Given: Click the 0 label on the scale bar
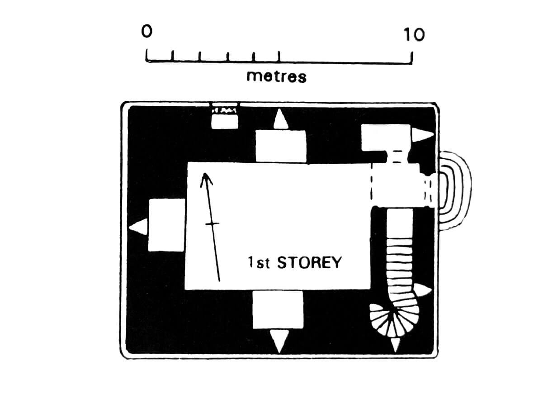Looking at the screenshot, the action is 147,32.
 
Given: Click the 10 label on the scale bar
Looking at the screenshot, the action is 414,34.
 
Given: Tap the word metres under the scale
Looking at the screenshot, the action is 276,76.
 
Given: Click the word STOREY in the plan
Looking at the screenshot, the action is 309,263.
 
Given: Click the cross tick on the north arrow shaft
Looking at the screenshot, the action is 212,223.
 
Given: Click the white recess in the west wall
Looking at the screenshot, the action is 167,225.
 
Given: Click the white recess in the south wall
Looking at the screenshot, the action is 278,309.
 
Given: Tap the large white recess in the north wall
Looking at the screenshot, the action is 281,146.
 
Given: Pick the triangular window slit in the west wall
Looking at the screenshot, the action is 138,227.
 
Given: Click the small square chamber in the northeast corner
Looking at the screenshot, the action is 386,137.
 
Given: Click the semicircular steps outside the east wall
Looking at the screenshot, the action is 454,190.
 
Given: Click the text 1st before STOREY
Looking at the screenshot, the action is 259,263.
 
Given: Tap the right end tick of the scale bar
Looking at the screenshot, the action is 412,58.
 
